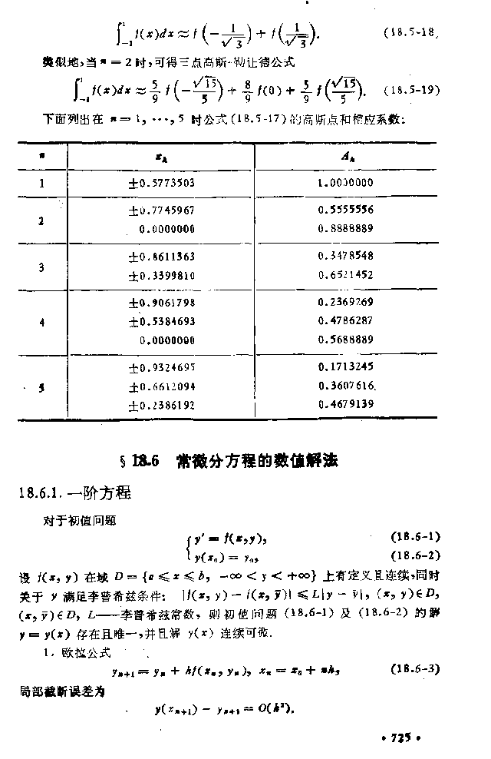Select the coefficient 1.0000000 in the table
(x=345, y=183)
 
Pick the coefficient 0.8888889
(x=345, y=228)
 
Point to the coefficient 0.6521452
(x=345, y=274)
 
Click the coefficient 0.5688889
(x=345, y=339)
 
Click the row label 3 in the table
(x=42, y=266)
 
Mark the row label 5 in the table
(x=42, y=387)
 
